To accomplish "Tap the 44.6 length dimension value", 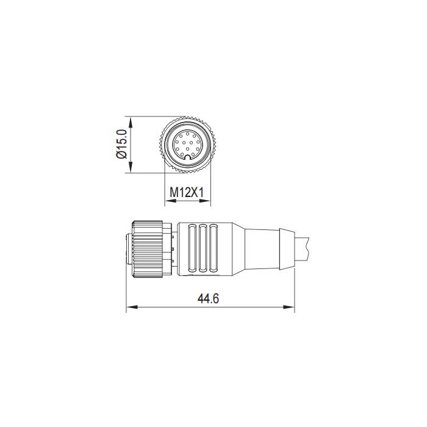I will tap(209, 299).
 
